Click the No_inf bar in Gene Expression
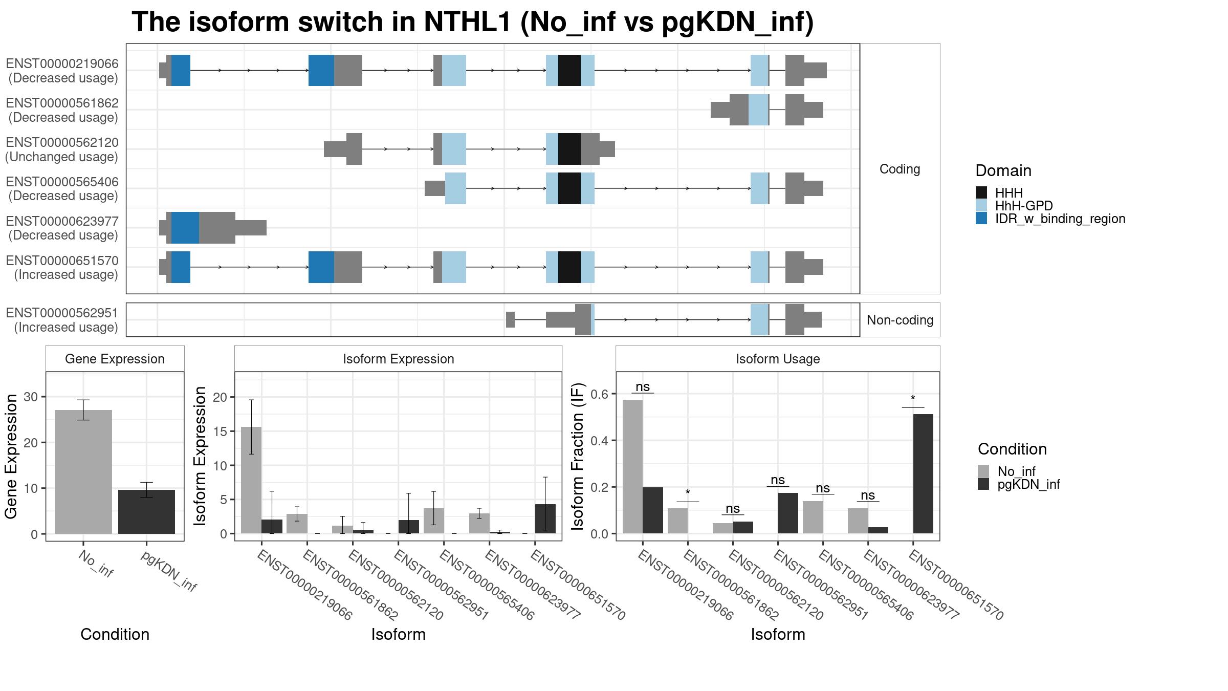coord(83,472)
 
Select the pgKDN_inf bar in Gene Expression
coord(146,512)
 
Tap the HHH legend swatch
coord(981,192)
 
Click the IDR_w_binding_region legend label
coord(1060,219)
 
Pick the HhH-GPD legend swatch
coord(981,205)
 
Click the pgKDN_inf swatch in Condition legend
coord(983,484)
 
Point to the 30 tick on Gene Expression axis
coord(31,397)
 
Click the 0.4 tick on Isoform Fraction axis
coord(599,441)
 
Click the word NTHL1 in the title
coord(468,22)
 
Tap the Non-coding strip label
coord(900,320)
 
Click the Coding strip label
coord(900,169)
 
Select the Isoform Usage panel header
coord(778,359)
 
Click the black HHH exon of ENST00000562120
coord(569,149)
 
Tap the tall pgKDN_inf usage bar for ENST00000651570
coord(923,474)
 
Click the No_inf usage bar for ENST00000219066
coord(632,467)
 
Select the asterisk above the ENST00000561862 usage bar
coord(688,493)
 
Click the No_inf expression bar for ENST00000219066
coord(251,481)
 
